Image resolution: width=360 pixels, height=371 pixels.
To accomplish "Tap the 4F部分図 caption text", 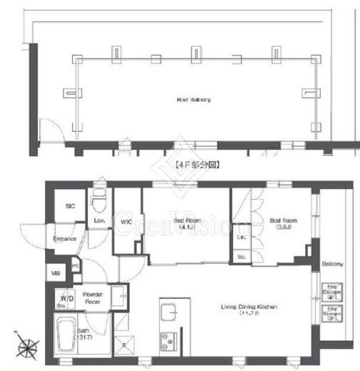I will tap(196, 164).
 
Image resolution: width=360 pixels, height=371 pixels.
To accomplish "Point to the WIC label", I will tap(126, 222).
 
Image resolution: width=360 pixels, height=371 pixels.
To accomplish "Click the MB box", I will tap(55, 272).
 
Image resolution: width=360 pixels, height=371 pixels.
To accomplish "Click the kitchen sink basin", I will tap(170, 312).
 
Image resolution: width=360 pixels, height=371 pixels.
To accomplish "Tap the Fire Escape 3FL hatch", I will tap(331, 314).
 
